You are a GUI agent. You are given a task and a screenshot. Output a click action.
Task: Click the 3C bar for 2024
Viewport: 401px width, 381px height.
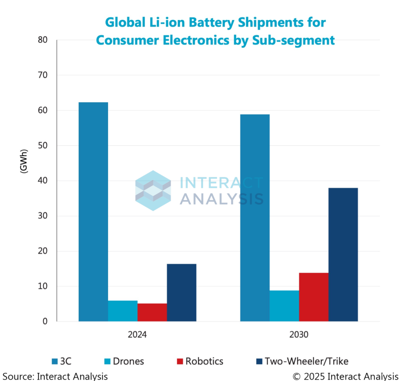coord(93,212)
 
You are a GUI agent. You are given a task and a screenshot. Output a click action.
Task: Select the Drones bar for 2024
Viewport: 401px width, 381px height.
coord(123,311)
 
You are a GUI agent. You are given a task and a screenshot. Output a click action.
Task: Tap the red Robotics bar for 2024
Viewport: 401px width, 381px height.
coord(152,312)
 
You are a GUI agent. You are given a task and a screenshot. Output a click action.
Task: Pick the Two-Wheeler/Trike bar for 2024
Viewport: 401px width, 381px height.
coord(182,293)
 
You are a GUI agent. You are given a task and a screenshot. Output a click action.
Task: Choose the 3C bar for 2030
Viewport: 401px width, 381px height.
coord(255,218)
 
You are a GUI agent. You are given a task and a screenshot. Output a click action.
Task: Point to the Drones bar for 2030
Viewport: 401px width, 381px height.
coord(284,306)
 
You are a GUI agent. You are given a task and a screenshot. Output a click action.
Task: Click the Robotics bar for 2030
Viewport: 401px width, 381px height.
coord(314,297)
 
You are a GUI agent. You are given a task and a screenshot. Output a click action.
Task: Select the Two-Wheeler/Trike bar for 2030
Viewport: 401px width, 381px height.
coord(343,255)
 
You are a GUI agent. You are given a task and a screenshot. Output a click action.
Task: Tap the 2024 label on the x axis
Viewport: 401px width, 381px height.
coord(137,335)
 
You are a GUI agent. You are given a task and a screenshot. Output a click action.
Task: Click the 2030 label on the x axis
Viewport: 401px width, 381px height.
coord(299,335)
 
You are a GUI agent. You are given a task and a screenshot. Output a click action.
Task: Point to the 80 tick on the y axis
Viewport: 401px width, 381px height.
coord(43,40)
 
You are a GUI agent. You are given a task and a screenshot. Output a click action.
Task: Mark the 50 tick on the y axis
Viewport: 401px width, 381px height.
coord(43,146)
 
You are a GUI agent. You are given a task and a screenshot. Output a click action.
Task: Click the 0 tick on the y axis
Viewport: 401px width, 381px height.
coord(45,322)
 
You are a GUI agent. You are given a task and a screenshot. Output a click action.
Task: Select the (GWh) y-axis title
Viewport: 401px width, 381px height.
coord(24,162)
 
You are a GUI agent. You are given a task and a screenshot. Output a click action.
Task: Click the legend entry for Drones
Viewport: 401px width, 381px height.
coord(124,361)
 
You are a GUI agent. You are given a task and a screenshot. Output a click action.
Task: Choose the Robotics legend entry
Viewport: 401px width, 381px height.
coord(200,361)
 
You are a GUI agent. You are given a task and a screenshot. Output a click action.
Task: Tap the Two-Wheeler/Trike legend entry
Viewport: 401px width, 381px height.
coord(302,361)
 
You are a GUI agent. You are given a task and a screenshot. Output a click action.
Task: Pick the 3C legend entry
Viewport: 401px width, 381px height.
coord(62,361)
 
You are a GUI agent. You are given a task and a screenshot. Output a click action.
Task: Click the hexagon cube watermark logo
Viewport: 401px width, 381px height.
coord(153,190)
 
